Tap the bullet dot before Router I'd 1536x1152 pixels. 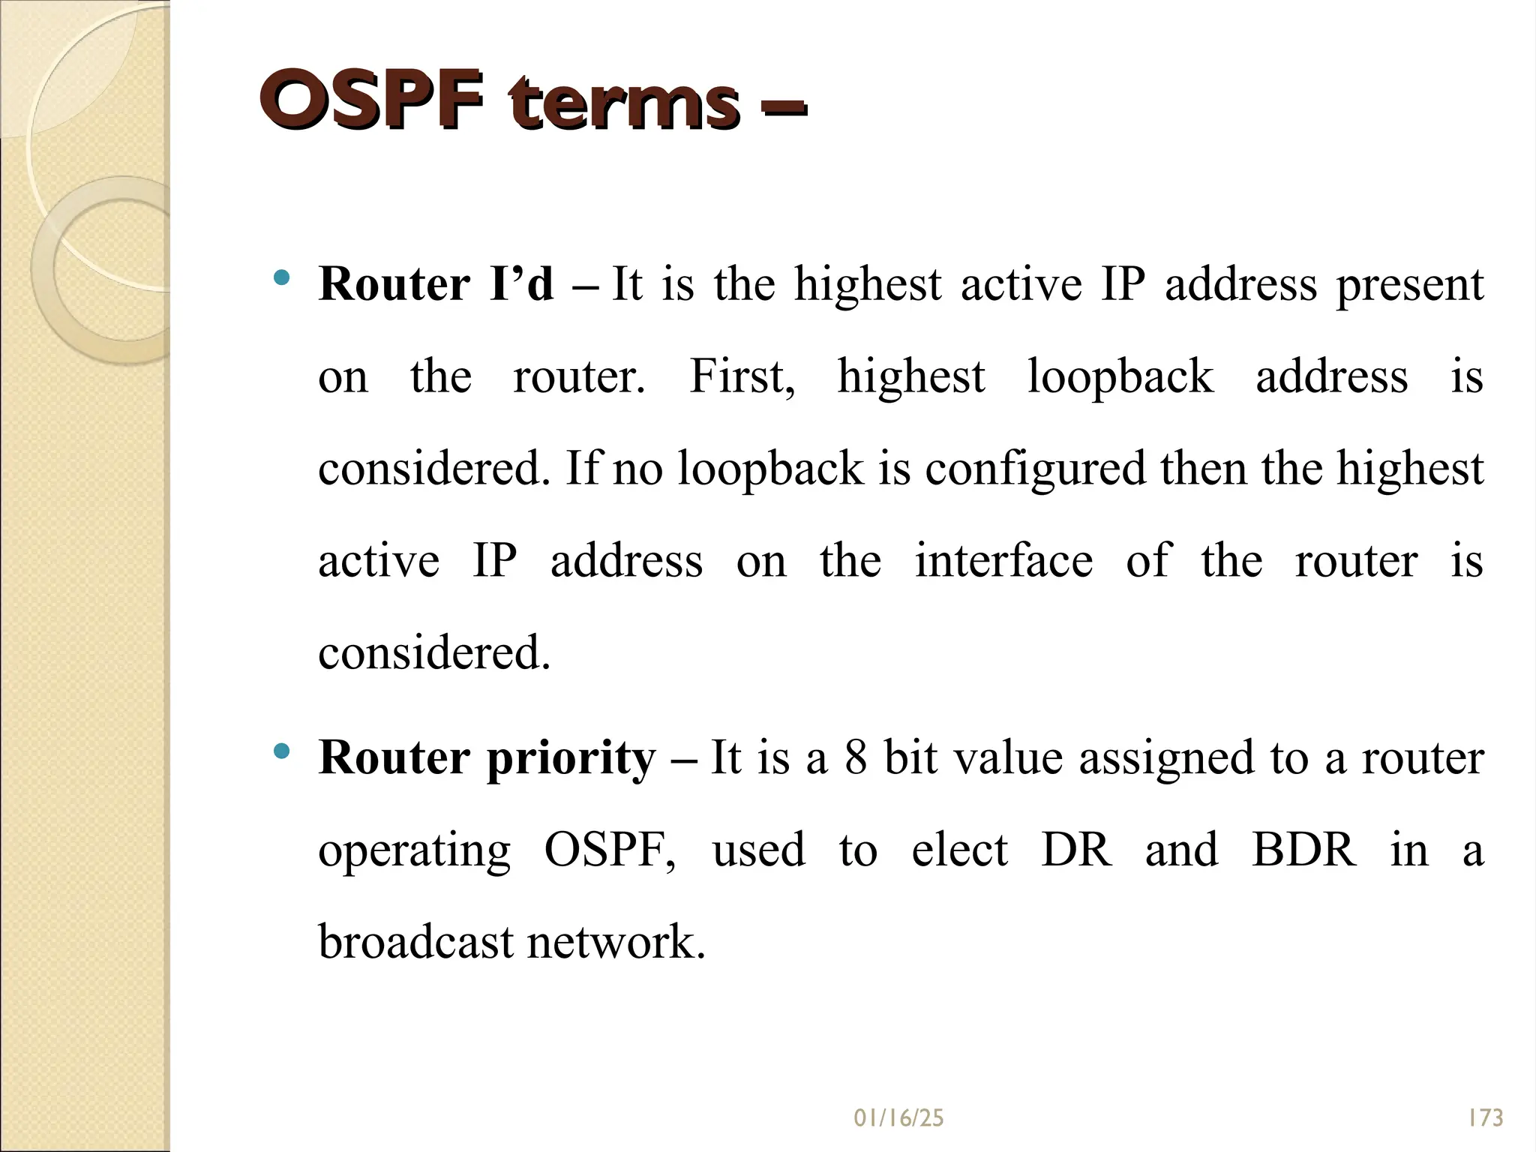282,278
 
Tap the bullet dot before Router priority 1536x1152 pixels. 282,751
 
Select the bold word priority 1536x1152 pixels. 571,759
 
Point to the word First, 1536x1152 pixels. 742,376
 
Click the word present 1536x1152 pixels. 1409,286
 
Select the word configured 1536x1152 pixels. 1035,469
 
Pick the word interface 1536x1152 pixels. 1003,560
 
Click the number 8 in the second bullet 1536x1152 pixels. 856,757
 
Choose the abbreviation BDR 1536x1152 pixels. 1303,850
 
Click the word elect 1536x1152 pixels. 959,850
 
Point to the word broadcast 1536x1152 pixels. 415,942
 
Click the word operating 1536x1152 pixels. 414,852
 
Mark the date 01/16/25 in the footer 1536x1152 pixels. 898,1118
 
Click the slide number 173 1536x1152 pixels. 1486,1118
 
